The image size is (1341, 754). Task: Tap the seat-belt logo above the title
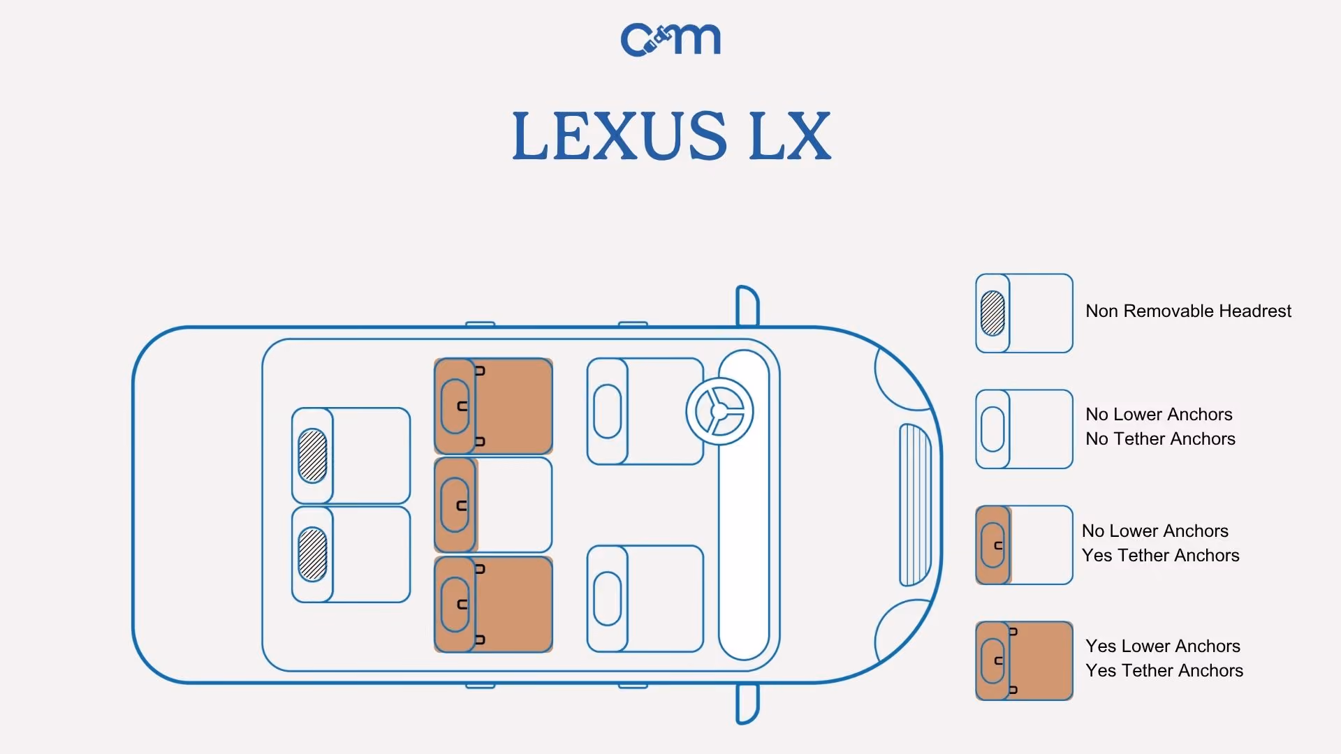(x=670, y=40)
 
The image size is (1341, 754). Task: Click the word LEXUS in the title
(x=620, y=135)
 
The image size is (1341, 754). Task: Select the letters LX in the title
(x=790, y=135)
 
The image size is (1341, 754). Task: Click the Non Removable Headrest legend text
(x=1188, y=311)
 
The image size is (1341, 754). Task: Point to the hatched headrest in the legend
(x=992, y=313)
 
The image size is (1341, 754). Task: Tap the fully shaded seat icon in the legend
(x=1024, y=660)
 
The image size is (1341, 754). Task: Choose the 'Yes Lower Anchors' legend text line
(x=1163, y=646)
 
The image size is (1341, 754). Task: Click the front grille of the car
(x=915, y=505)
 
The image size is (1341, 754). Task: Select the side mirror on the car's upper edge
(x=747, y=306)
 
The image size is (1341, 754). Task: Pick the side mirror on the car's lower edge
(x=747, y=704)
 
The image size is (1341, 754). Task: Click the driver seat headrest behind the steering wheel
(x=607, y=411)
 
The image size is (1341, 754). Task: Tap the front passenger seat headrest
(x=607, y=598)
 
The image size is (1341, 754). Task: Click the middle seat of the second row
(x=493, y=505)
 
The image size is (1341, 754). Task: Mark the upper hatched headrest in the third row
(x=312, y=455)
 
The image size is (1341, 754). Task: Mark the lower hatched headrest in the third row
(x=312, y=554)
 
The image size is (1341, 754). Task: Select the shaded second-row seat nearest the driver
(x=493, y=406)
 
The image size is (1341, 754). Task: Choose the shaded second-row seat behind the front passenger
(x=493, y=604)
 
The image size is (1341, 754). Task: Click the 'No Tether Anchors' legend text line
(x=1160, y=439)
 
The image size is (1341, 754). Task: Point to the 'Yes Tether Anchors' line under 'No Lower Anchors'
(x=1160, y=556)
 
